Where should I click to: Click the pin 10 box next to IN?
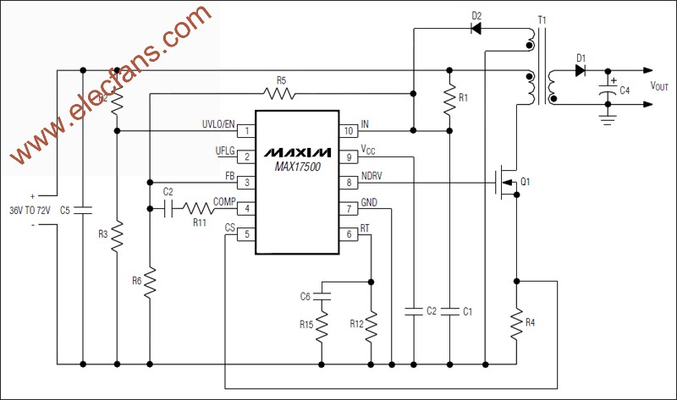(x=348, y=131)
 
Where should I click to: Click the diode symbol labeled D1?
(x=581, y=71)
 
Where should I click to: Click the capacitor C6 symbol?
(x=322, y=296)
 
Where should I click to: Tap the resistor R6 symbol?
(x=150, y=283)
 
